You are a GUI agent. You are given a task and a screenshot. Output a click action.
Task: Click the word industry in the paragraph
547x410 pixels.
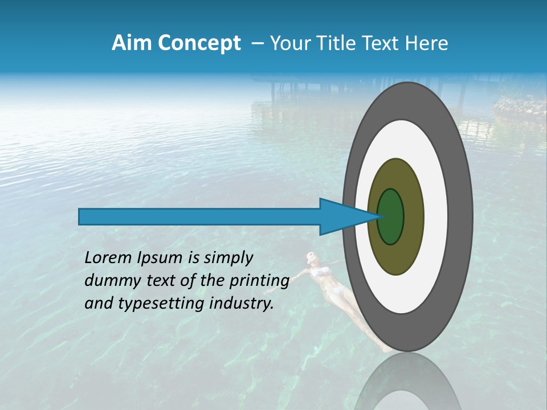click(x=238, y=304)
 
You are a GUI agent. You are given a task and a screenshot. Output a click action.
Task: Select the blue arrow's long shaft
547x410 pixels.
click(x=199, y=216)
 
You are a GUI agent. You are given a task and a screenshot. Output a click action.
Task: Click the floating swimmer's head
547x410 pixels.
click(x=311, y=257)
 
